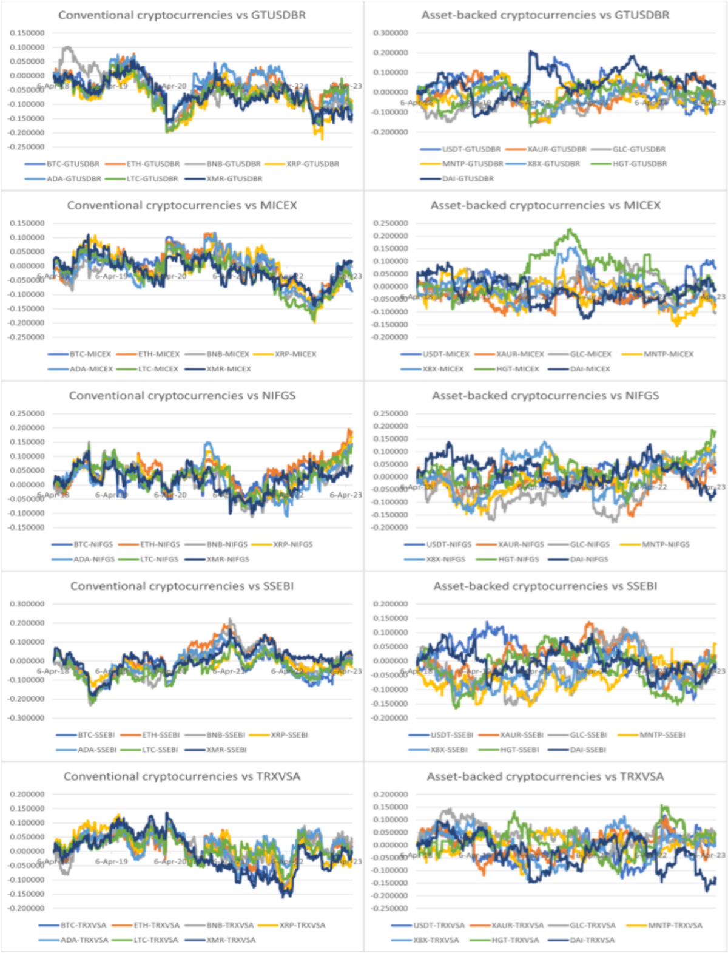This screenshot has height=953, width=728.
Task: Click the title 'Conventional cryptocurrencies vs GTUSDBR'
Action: pyautogui.click(x=182, y=15)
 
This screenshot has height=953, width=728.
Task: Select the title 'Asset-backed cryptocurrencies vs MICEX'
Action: pyautogui.click(x=545, y=205)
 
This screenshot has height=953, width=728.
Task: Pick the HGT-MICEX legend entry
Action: pyautogui.click(x=517, y=368)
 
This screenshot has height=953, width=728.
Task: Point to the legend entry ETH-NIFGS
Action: pyautogui.click(x=160, y=544)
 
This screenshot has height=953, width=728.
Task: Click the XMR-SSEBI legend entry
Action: pyautogui.click(x=226, y=750)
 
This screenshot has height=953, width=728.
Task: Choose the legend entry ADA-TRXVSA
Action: pyautogui.click(x=84, y=940)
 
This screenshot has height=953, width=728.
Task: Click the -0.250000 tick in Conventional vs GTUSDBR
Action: pyautogui.click(x=27, y=147)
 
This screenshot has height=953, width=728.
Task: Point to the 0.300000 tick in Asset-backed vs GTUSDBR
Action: pyautogui.click(x=391, y=33)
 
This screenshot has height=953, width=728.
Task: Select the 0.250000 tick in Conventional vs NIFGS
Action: pyautogui.click(x=27, y=413)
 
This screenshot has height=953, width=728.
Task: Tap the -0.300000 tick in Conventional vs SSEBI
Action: pyautogui.click(x=27, y=718)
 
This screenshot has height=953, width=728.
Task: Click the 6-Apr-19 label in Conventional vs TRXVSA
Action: pyautogui.click(x=111, y=861)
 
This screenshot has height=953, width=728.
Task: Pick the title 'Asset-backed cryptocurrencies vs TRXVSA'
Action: pyautogui.click(x=545, y=776)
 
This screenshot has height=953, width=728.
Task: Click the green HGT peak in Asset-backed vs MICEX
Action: pyautogui.click(x=570, y=229)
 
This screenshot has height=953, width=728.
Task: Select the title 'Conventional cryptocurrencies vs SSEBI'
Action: pyautogui.click(x=182, y=586)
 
